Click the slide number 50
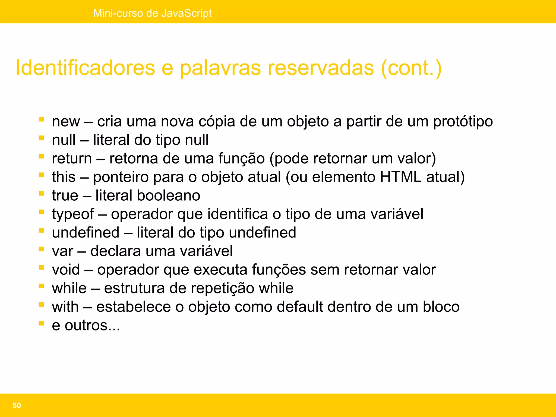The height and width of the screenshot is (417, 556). (17, 405)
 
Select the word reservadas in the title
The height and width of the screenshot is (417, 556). (321, 68)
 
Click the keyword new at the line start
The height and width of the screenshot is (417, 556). (66, 121)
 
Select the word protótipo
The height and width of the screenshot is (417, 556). (463, 121)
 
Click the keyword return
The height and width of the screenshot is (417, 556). (72, 158)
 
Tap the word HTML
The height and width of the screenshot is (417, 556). (400, 177)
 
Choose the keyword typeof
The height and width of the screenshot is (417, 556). (73, 214)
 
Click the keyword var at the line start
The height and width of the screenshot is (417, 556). (62, 251)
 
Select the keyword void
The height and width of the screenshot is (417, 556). (66, 270)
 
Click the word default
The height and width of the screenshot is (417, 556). (298, 307)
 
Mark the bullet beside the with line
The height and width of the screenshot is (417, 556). (42, 305)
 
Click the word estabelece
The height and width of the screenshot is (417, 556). (134, 307)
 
